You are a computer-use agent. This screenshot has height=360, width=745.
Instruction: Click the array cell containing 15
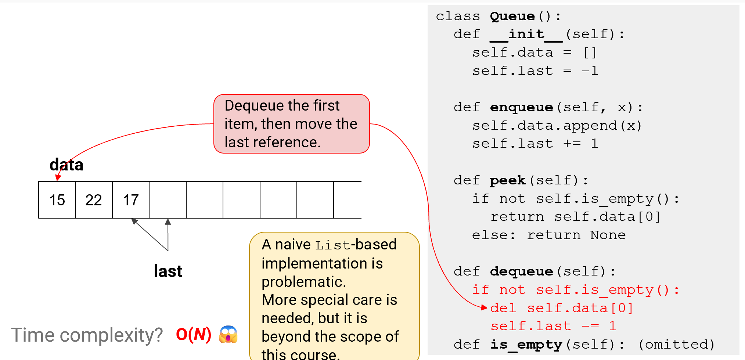[x=57, y=200]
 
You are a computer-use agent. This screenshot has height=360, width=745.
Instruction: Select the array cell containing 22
[x=94, y=200]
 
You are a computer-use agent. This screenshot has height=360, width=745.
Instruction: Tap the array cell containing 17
[x=131, y=200]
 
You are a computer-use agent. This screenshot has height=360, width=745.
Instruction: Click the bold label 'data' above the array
[x=66, y=165]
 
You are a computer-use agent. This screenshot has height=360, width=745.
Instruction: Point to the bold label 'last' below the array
[x=168, y=271]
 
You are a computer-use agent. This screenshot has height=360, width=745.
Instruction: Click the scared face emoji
[x=228, y=334]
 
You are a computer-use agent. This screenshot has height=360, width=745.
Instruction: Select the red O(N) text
[x=194, y=334]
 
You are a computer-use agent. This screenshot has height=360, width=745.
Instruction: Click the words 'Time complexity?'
[x=87, y=335]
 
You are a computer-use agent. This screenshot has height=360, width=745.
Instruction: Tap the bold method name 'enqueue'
[x=521, y=107]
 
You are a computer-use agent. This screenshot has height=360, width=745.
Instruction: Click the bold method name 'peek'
[x=508, y=180]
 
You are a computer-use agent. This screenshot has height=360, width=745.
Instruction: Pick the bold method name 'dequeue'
[x=521, y=271]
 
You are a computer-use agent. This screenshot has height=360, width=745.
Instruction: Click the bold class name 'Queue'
[x=512, y=16]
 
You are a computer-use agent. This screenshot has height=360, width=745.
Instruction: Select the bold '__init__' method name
[x=526, y=35]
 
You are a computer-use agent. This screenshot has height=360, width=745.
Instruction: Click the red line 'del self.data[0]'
[x=562, y=308]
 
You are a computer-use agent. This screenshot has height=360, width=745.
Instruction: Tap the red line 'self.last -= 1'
[x=553, y=326]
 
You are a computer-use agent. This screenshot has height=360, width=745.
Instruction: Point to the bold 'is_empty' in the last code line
[x=526, y=345]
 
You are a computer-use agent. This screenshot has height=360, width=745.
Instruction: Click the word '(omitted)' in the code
[x=676, y=345]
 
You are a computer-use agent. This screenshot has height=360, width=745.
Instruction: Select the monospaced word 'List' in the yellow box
[x=332, y=245]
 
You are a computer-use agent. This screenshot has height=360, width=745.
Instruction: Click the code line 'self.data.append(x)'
[x=557, y=126]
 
